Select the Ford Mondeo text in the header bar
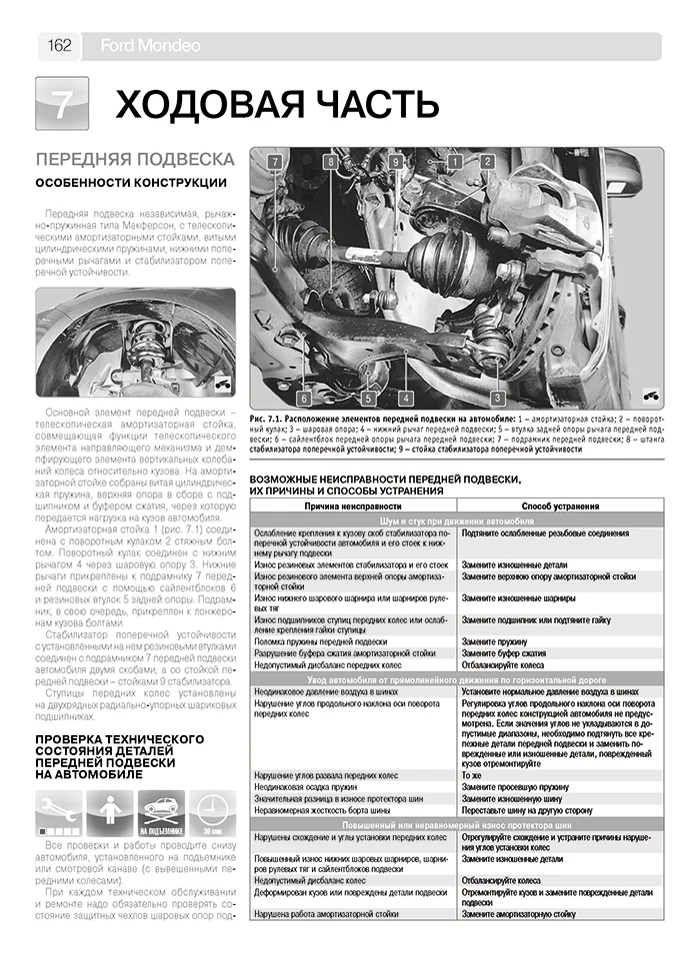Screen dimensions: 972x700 click(150, 46)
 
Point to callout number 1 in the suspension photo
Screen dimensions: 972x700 click(455, 161)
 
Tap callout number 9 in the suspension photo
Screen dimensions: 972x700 click(395, 161)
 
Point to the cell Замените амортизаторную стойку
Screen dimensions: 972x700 click(531, 913)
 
